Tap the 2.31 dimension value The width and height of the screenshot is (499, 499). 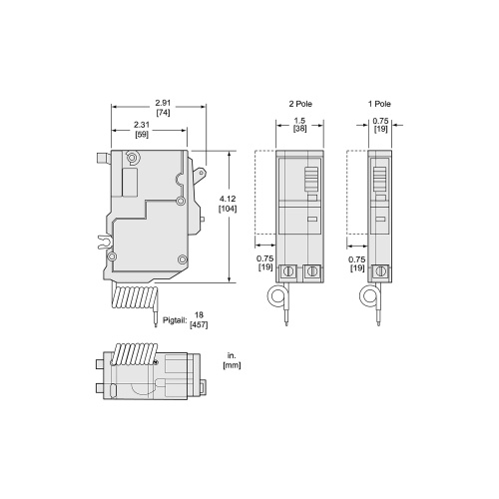point(143,124)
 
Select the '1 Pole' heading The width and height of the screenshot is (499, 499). point(378,103)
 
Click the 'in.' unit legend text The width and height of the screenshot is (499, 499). point(231,353)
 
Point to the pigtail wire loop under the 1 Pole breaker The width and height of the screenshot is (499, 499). point(369,298)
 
